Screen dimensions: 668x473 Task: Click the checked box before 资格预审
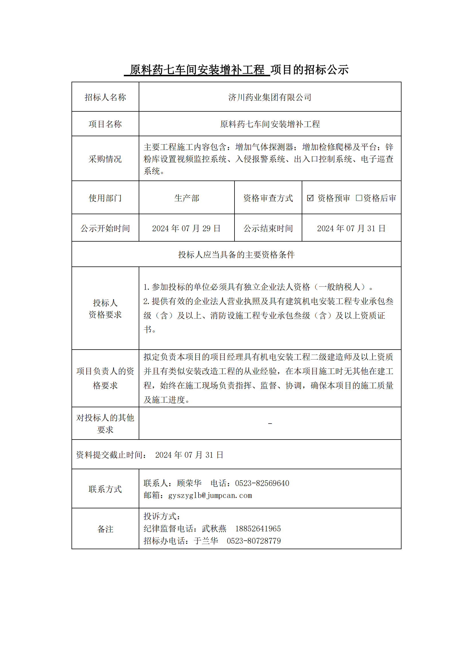(310, 198)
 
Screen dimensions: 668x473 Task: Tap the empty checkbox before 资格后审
(359, 198)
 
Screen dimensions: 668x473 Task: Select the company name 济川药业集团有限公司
(270, 97)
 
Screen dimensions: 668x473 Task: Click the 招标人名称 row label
(105, 97)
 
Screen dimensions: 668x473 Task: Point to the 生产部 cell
(187, 198)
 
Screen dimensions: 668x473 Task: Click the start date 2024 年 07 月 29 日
(186, 228)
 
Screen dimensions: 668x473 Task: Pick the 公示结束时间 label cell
(268, 228)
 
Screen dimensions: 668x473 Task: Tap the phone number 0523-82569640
(262, 483)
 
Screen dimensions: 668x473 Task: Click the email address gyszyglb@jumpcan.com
(210, 496)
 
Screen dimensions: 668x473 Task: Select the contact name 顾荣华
(189, 483)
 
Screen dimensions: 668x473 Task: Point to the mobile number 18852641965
(258, 529)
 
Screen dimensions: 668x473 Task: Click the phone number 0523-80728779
(253, 541)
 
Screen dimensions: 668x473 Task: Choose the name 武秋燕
(214, 529)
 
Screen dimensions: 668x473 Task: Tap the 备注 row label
(105, 529)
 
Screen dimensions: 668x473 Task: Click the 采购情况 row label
(105, 159)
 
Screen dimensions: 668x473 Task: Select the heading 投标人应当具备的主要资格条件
(236, 255)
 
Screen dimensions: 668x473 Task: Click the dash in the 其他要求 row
(270, 424)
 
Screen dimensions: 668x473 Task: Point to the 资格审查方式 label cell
(268, 198)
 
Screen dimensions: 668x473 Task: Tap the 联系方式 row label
(105, 489)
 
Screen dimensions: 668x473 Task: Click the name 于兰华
(206, 541)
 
